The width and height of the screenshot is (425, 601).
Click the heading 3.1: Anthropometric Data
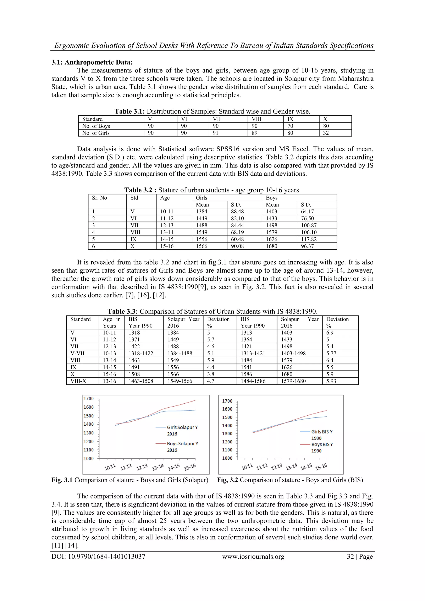92,62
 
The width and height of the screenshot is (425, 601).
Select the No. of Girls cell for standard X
326,133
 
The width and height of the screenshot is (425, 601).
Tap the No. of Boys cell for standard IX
290,126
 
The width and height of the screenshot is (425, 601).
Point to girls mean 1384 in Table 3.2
202,212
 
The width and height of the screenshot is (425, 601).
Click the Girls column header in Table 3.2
202,198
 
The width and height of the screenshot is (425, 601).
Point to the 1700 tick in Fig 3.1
88,399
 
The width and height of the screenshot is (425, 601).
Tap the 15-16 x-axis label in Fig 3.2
321,467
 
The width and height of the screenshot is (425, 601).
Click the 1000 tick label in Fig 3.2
227,458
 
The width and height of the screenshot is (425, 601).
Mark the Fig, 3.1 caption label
62,480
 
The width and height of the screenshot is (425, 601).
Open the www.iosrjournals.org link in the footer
253,557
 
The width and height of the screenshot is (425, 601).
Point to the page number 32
350,557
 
